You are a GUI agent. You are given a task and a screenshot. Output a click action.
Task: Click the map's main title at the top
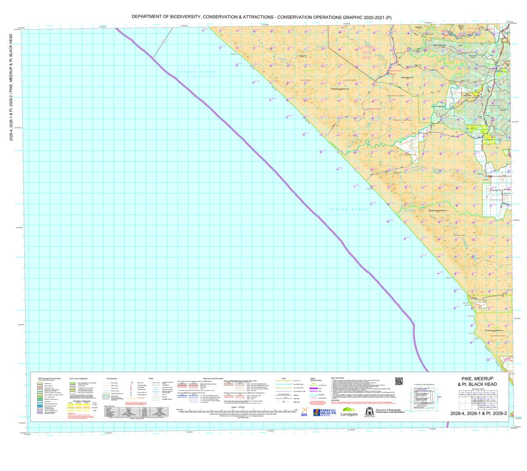click(x=262, y=17)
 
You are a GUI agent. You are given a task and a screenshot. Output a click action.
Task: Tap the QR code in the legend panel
click(x=399, y=381)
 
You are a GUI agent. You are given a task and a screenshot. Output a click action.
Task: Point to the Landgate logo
click(x=350, y=413)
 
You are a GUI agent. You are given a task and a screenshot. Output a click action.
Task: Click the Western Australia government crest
click(x=370, y=411)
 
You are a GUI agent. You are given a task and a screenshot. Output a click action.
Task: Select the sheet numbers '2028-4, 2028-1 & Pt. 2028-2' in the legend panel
click(x=478, y=413)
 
